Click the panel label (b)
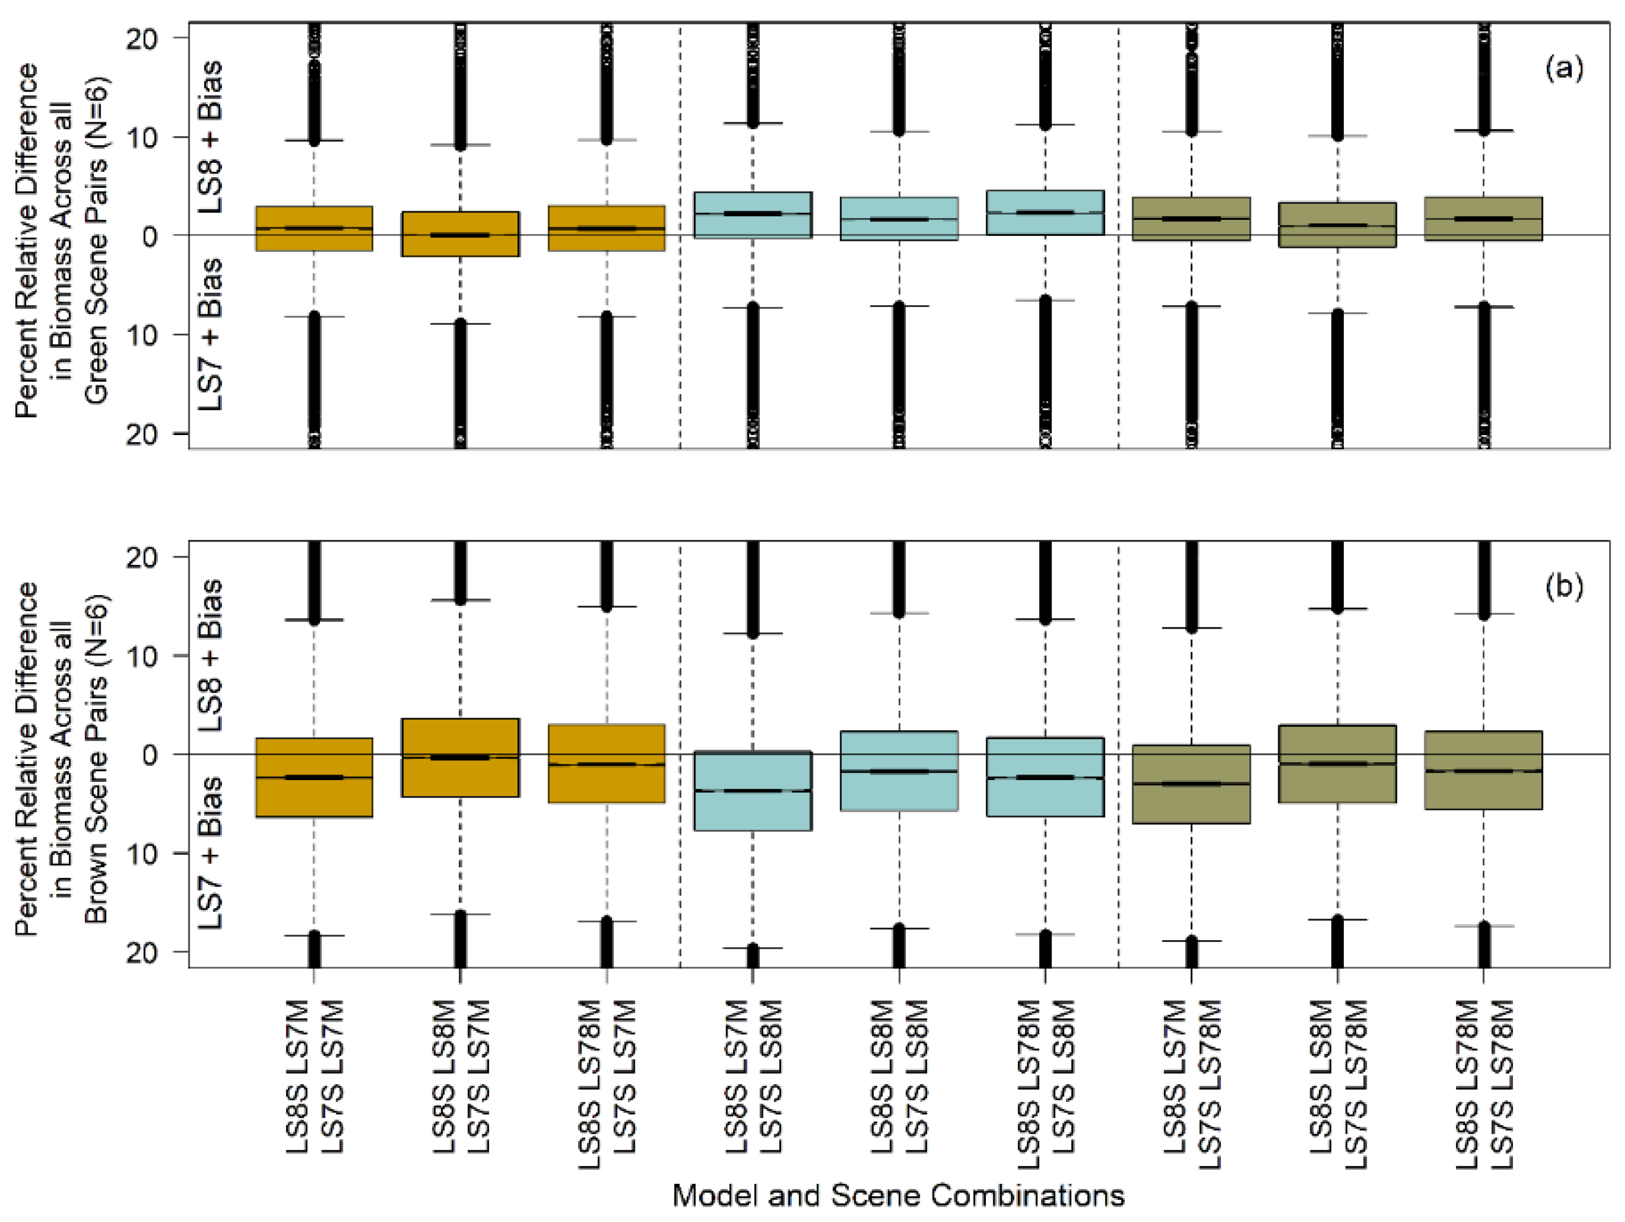click(1564, 587)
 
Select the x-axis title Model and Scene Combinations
click(898, 1196)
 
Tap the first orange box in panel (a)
click(314, 228)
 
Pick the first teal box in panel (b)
click(752, 791)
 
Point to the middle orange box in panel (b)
click(460, 757)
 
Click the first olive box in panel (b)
click(1191, 784)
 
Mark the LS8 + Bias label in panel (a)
click(210, 137)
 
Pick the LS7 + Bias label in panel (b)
click(210, 852)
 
